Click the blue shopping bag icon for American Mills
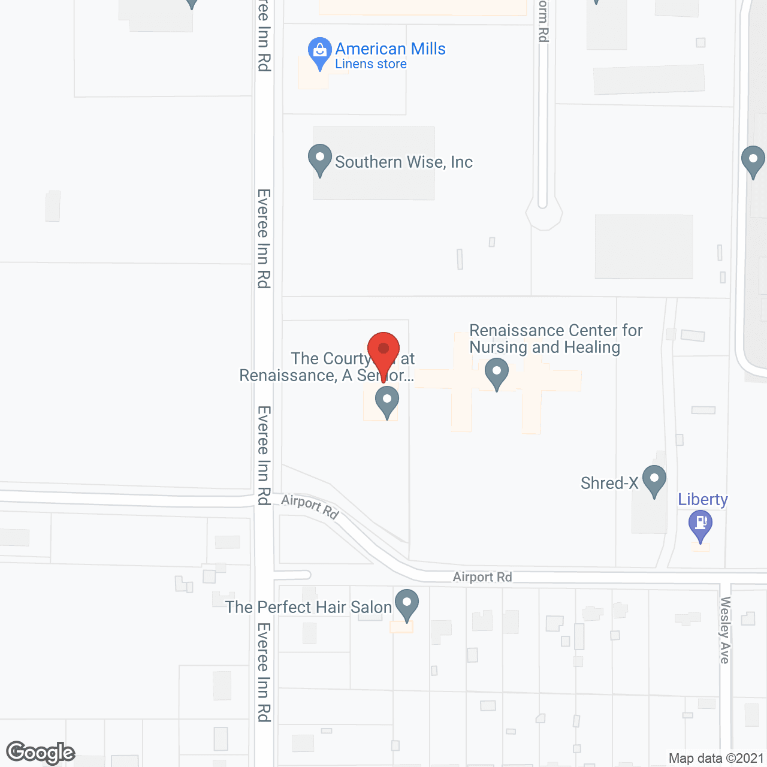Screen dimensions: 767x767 point(320,52)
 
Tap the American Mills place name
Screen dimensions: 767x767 point(390,49)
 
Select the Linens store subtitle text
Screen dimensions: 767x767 point(370,64)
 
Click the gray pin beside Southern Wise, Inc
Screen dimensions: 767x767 point(320,159)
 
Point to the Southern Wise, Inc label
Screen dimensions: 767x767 point(403,162)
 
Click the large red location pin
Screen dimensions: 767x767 point(383,353)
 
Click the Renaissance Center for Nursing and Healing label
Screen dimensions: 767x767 point(555,339)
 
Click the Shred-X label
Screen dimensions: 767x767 point(609,483)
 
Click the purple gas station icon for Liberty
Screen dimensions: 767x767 point(700,524)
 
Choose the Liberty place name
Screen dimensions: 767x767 point(703,499)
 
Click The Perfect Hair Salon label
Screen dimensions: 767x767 point(309,607)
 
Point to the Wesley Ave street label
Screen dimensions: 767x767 point(725,630)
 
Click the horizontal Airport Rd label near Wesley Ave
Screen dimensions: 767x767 point(482,577)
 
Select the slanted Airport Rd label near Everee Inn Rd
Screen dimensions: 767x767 point(310,506)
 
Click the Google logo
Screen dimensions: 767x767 point(40,753)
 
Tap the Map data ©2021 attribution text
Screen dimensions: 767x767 point(716,759)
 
